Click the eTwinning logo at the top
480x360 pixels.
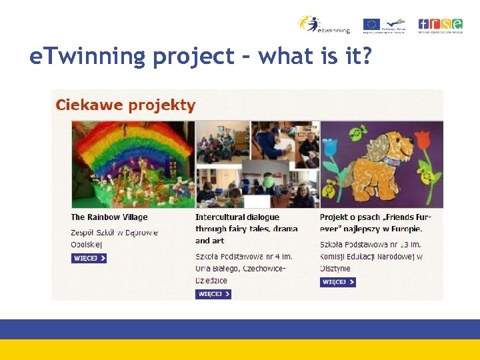pos(323,24)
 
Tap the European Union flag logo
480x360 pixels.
pos(371,24)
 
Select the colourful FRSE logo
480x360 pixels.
pos(439,24)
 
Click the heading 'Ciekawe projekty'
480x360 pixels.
pos(125,105)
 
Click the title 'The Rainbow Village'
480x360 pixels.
pos(109,217)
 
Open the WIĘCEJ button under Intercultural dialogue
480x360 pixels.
pos(213,294)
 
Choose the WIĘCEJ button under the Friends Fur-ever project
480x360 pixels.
pos(337,282)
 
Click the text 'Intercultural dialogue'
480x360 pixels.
pos(237,217)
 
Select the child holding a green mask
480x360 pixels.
pos(267,181)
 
